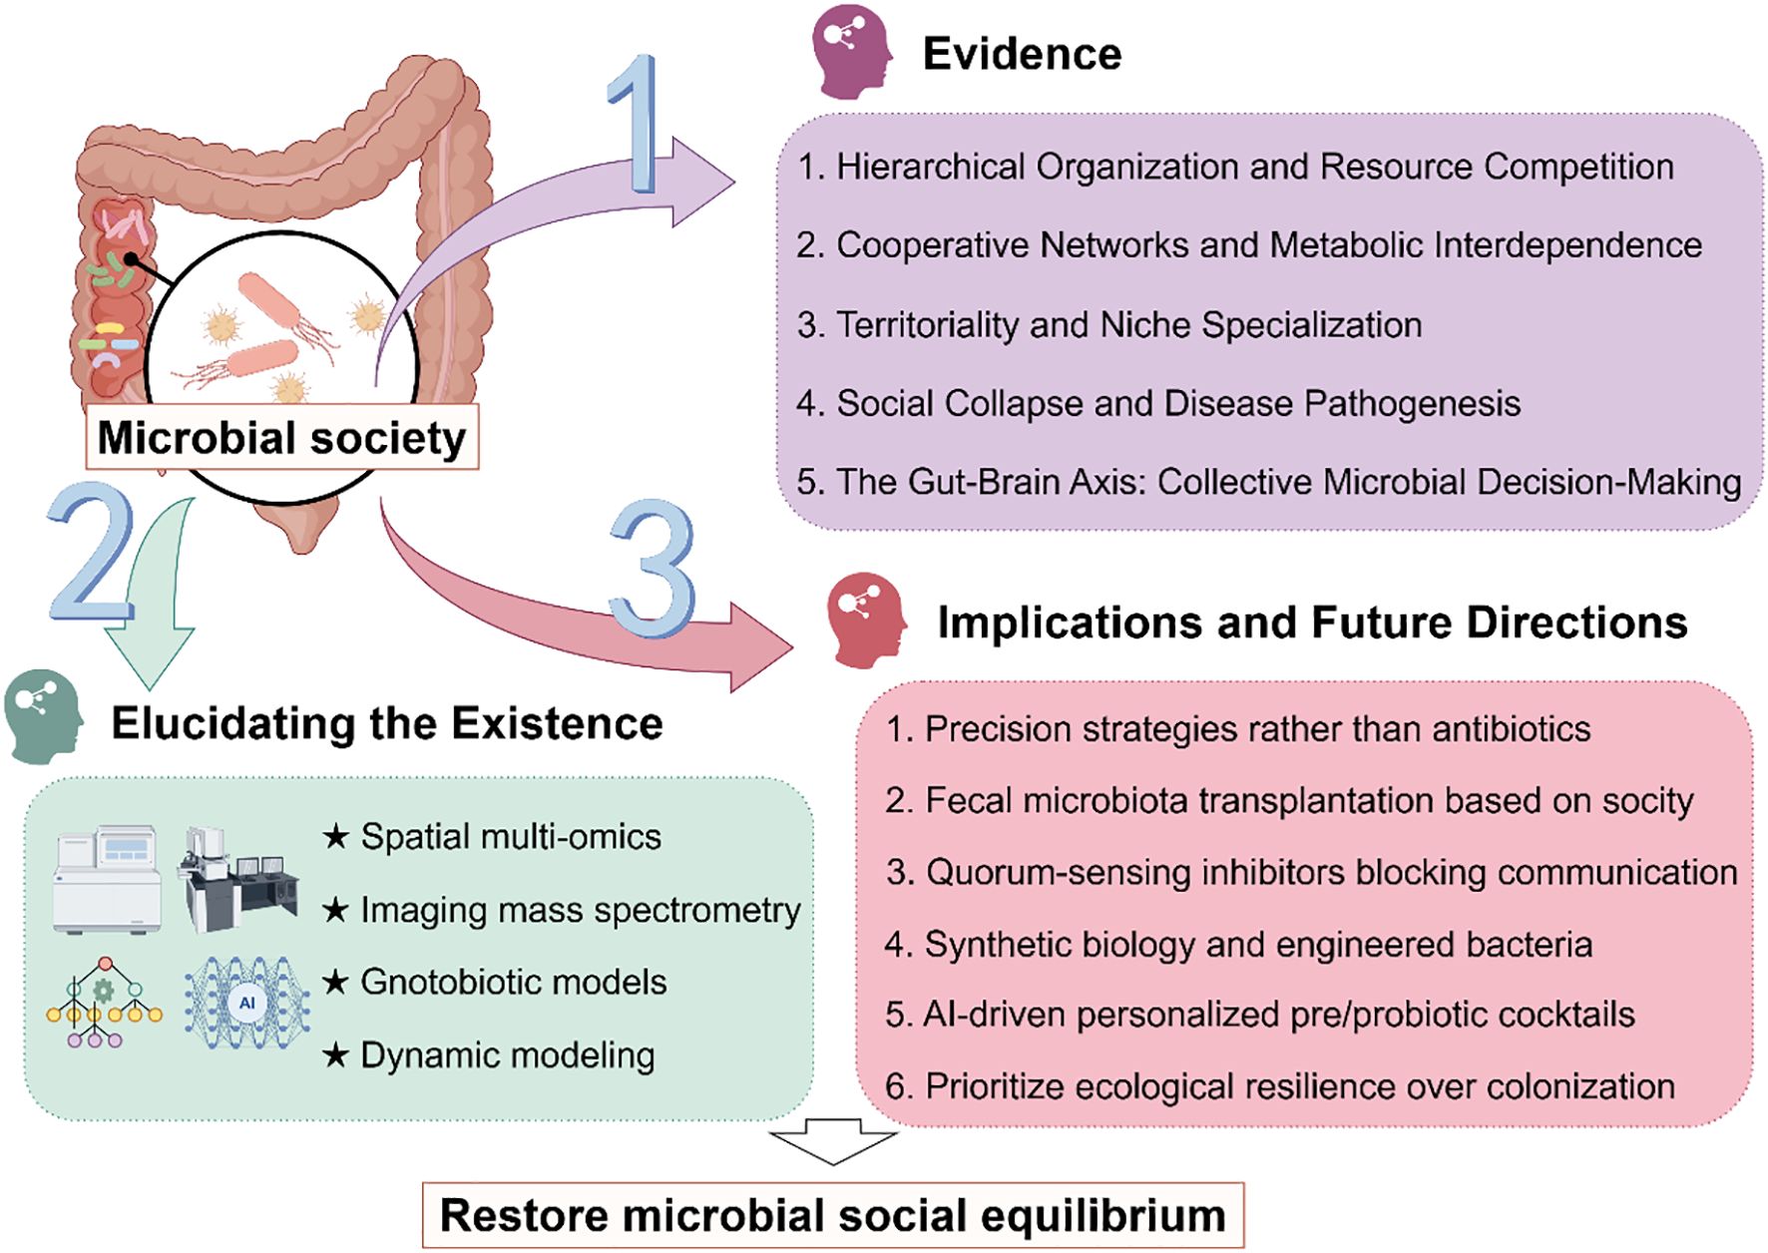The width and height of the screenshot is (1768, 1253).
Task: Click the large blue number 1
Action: click(x=635, y=125)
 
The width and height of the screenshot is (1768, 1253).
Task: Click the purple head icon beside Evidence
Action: click(x=851, y=52)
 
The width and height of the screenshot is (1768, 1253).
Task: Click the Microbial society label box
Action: click(x=281, y=437)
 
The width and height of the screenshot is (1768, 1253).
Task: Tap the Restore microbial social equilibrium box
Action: click(x=832, y=1215)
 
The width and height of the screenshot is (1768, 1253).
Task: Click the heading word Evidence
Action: click(x=1022, y=54)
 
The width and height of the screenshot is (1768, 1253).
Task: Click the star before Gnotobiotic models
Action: click(x=336, y=982)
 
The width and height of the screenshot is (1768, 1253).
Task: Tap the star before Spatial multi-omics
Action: click(x=336, y=836)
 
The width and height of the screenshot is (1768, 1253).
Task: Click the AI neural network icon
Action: click(x=246, y=1003)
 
